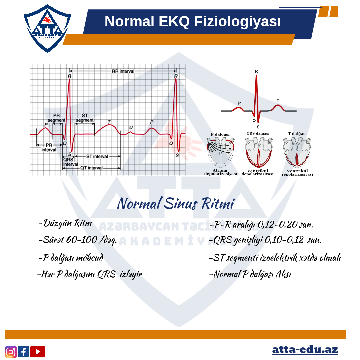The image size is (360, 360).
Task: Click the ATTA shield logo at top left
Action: (47, 28)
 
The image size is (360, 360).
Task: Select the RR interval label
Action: (123, 71)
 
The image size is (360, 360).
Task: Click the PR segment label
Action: (56, 118)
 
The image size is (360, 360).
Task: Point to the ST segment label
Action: (85, 118)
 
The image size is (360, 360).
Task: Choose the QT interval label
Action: (91, 168)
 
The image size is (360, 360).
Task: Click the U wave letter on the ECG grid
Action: (131, 127)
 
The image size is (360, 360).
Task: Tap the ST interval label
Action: (97, 156)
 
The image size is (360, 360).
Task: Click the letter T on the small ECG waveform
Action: (278, 101)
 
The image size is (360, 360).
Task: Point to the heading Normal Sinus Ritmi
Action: (176, 203)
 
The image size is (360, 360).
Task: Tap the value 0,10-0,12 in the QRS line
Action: (284, 240)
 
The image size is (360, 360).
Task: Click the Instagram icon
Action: (11, 352)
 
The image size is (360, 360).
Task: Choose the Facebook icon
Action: (23, 352)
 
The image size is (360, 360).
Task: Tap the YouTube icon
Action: (38, 352)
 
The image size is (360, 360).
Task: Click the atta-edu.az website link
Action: (305, 350)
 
